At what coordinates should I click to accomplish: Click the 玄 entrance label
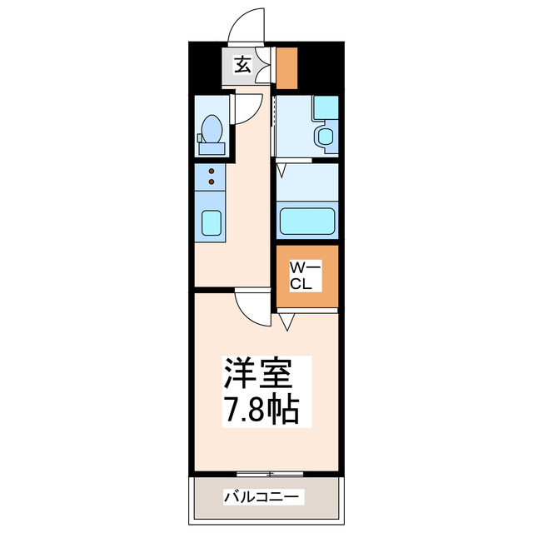pyautogui.click(x=242, y=65)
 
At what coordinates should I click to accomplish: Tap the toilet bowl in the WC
pyautogui.click(x=211, y=131)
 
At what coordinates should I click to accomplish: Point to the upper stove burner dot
pyautogui.click(x=211, y=171)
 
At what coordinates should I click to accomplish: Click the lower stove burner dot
pyautogui.click(x=211, y=181)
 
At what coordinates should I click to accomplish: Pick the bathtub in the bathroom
pyautogui.click(x=306, y=222)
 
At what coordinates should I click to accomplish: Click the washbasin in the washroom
pyautogui.click(x=323, y=137)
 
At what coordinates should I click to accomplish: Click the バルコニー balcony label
pyautogui.click(x=263, y=497)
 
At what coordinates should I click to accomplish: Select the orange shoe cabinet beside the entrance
pyautogui.click(x=286, y=69)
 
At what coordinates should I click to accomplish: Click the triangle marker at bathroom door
pyautogui.click(x=282, y=170)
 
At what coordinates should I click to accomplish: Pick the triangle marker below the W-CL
pyautogui.click(x=286, y=321)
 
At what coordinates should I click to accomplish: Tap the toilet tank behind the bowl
pyautogui.click(x=211, y=149)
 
